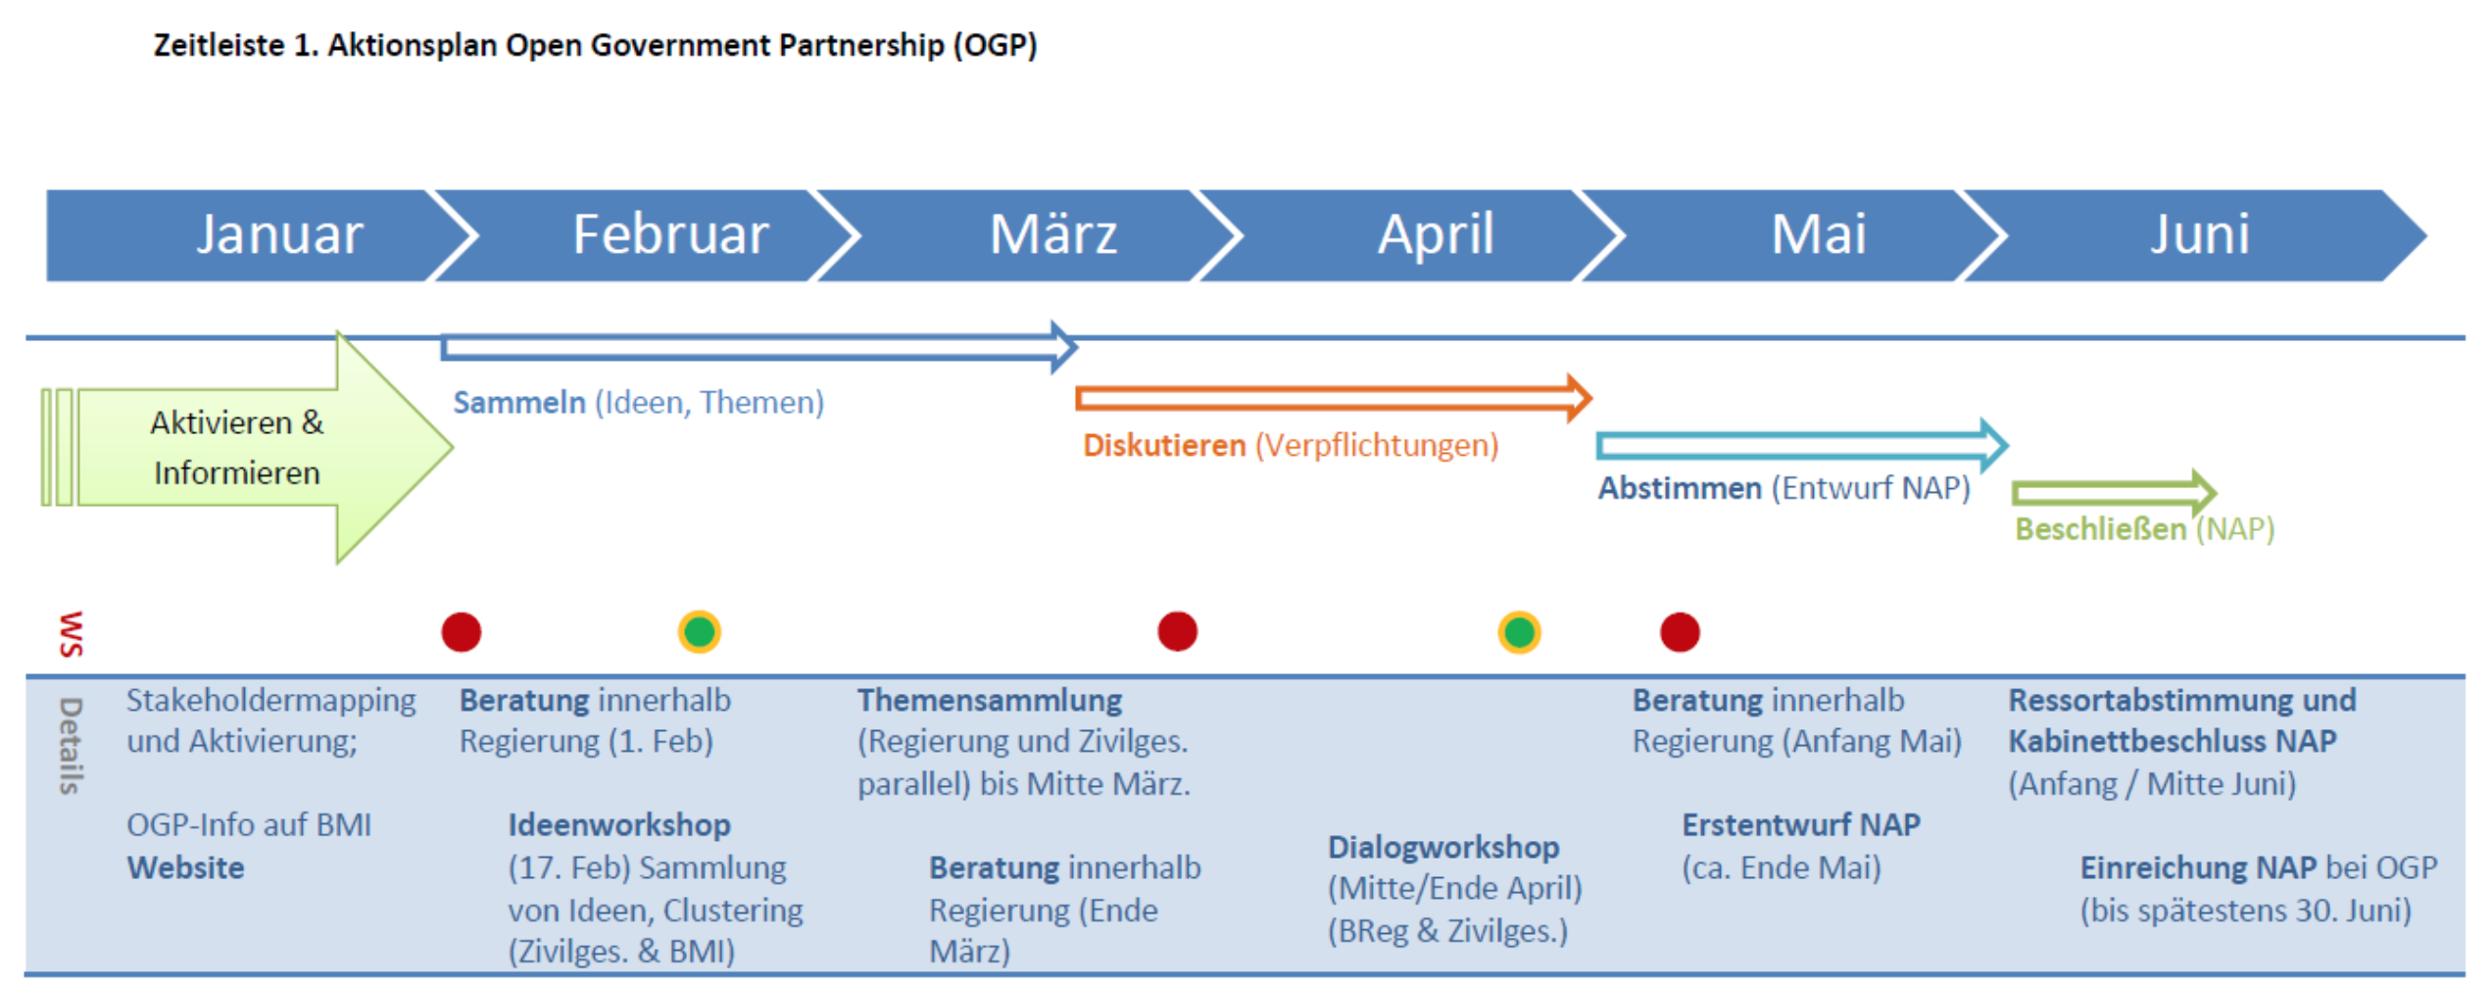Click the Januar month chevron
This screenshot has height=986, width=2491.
point(255,235)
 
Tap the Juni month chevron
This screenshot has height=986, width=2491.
point(2195,235)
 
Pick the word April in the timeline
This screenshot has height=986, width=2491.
point(1436,234)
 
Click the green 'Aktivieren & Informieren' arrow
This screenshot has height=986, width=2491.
point(245,448)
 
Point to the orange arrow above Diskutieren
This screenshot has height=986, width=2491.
point(1334,398)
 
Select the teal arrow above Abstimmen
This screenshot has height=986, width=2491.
point(1802,446)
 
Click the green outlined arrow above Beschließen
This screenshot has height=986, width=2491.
point(2114,492)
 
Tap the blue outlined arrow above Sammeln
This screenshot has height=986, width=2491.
point(759,347)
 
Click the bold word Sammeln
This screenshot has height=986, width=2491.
point(519,402)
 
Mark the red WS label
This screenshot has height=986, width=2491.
point(71,633)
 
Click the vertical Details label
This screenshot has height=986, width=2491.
point(71,745)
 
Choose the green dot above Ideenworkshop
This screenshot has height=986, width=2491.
point(700,632)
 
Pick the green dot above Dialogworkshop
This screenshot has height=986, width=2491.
point(1519,632)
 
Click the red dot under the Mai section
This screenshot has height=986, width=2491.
point(1680,632)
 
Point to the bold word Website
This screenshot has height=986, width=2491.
point(185,867)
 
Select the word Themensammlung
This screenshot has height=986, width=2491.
point(990,701)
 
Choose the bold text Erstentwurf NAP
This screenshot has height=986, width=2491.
point(1801,825)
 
